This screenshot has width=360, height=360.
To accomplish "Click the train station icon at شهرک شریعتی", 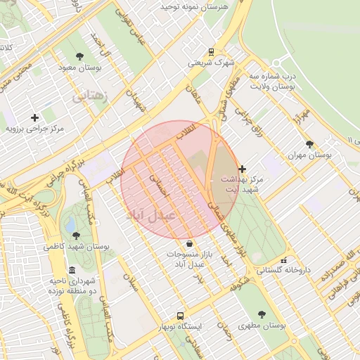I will (x=211, y=51).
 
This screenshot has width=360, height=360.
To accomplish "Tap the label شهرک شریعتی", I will (x=211, y=63).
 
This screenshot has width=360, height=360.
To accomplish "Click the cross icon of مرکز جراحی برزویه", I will (x=35, y=117).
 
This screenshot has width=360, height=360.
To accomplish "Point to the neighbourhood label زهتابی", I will (x=91, y=95).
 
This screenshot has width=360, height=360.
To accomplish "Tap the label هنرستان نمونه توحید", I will (x=194, y=6).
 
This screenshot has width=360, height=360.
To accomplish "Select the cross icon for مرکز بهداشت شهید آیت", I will (x=243, y=169).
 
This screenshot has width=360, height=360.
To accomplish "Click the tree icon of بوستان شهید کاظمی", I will (x=76, y=236).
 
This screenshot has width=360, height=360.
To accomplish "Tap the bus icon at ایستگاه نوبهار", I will (x=181, y=316).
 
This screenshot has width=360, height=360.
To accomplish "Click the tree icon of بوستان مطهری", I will (x=262, y=314).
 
